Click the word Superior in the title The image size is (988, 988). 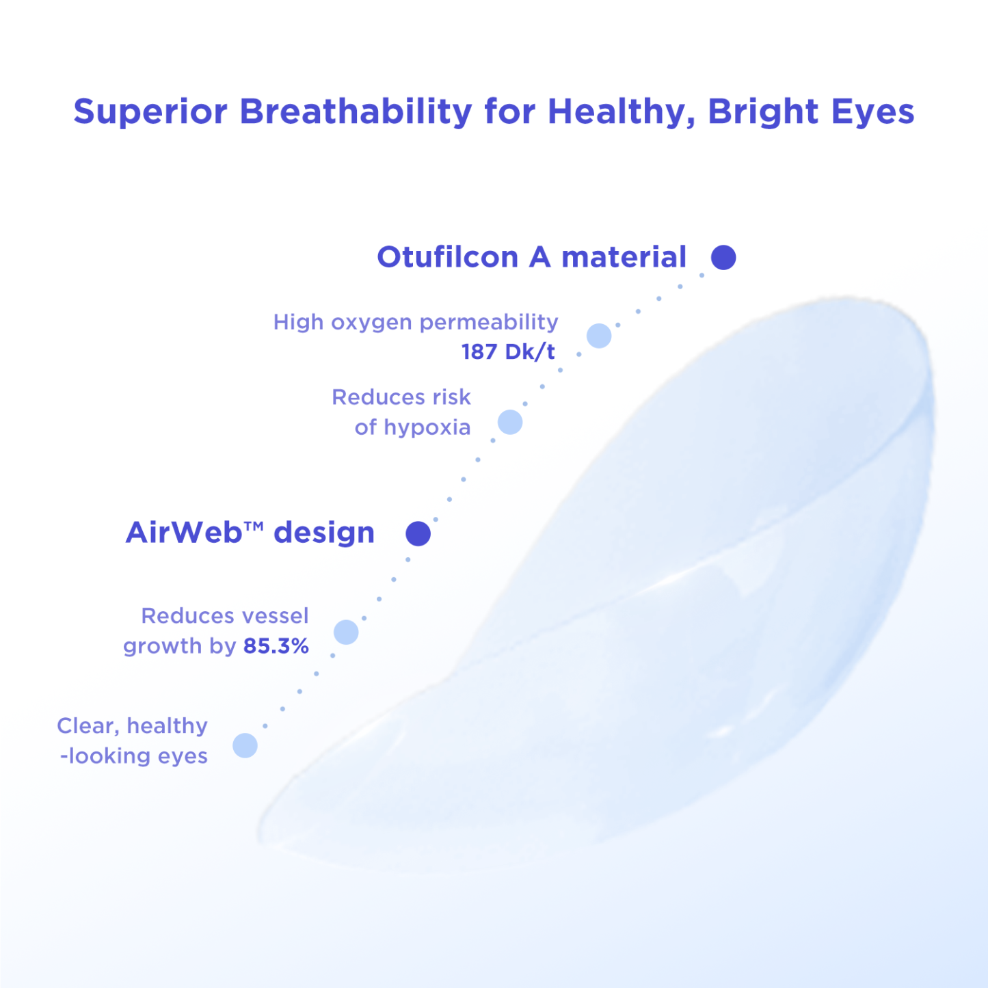point(150,112)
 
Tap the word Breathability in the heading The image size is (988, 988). point(356,112)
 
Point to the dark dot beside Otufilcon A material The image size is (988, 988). point(723,258)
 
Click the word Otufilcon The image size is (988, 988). point(447,258)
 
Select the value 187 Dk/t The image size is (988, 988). point(508,352)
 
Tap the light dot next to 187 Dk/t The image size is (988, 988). point(599,336)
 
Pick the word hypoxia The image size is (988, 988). point(427,427)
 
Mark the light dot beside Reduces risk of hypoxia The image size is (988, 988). point(510,422)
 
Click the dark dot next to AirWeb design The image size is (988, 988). point(418,533)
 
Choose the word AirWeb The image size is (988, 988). point(184,533)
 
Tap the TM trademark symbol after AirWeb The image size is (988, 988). point(253,526)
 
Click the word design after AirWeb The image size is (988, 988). point(324,533)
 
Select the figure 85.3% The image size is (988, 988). point(276,646)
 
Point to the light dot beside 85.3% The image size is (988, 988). point(346,632)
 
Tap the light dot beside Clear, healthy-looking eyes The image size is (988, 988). point(245,745)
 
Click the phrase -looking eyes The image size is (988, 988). point(134,756)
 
